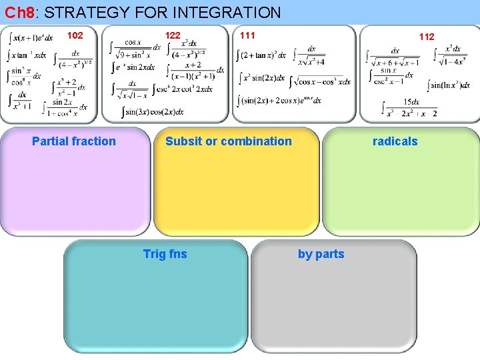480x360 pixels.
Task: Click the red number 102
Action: (x=75, y=35)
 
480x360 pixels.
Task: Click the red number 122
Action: (x=173, y=35)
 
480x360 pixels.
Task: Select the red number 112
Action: (x=427, y=37)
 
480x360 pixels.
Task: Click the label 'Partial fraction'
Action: (x=74, y=141)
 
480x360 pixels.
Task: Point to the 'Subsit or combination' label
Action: (x=229, y=141)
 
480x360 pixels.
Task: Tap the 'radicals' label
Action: (x=395, y=141)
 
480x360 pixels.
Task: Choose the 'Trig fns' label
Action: (x=165, y=253)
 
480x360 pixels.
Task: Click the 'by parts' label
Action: (x=321, y=253)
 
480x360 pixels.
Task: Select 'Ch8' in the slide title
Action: (x=18, y=12)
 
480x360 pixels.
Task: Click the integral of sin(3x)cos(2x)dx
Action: (x=153, y=111)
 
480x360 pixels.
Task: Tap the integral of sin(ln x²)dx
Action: (x=447, y=85)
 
